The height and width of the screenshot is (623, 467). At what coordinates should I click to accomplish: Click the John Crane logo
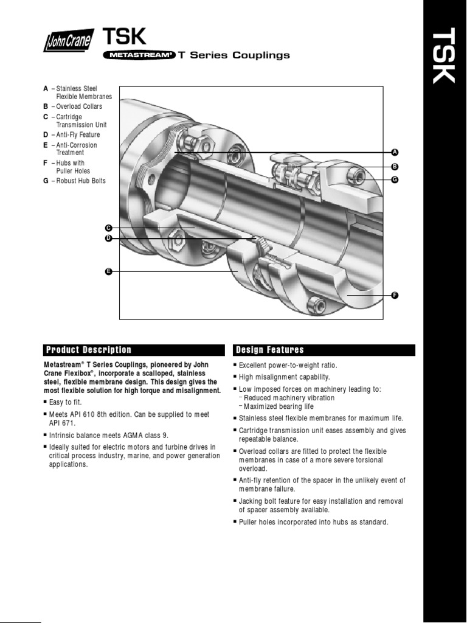pos(69,43)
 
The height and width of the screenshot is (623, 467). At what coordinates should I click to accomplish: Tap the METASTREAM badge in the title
pos(139,55)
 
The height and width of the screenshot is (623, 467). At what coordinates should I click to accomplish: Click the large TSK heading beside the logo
pos(125,37)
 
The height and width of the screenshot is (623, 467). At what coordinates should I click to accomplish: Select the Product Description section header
pos(88,350)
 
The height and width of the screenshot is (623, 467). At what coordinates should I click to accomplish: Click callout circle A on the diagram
pos(394,151)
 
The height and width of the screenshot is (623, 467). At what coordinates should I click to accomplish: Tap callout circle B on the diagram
pos(394,166)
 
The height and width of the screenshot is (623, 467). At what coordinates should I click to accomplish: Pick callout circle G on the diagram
pos(394,180)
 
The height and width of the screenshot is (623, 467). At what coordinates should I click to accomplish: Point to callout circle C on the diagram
pos(108,228)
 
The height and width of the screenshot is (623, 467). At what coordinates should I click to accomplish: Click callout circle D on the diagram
pos(108,239)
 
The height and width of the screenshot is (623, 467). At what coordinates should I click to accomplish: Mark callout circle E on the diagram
pos(108,271)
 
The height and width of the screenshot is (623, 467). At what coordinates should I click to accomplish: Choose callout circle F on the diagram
pos(394,295)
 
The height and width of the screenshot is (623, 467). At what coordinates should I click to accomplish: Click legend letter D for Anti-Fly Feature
pos(46,135)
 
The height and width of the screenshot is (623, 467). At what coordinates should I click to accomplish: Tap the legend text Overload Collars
pos(79,106)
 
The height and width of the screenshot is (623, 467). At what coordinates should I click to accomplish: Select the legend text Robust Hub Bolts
pos(81,181)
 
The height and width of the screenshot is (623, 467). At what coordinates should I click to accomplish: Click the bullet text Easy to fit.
pos(65,403)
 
